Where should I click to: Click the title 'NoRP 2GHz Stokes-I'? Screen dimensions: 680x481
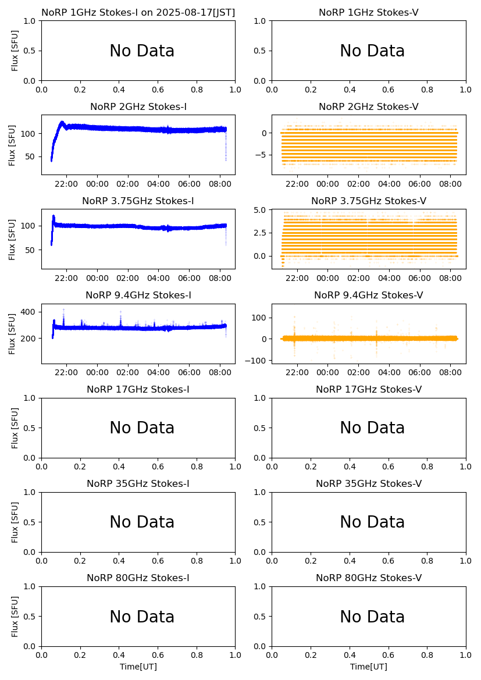click(138, 106)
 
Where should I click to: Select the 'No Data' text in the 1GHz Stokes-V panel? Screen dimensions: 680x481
click(372, 51)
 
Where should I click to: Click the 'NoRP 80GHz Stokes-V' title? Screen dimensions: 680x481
click(369, 578)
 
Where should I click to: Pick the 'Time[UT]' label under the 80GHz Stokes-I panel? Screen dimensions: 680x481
click(138, 667)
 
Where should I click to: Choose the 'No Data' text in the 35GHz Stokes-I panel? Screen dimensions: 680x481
click(142, 522)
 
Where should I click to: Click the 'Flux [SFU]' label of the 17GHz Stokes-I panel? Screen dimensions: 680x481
click(15, 428)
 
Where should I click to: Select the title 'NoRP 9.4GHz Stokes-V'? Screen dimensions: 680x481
click(369, 295)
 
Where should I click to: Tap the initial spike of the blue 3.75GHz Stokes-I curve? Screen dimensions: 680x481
click(54, 217)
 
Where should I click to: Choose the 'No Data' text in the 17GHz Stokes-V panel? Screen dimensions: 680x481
click(372, 428)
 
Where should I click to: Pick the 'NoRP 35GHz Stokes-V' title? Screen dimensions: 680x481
click(369, 483)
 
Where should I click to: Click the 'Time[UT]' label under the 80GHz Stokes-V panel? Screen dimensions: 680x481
click(369, 667)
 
